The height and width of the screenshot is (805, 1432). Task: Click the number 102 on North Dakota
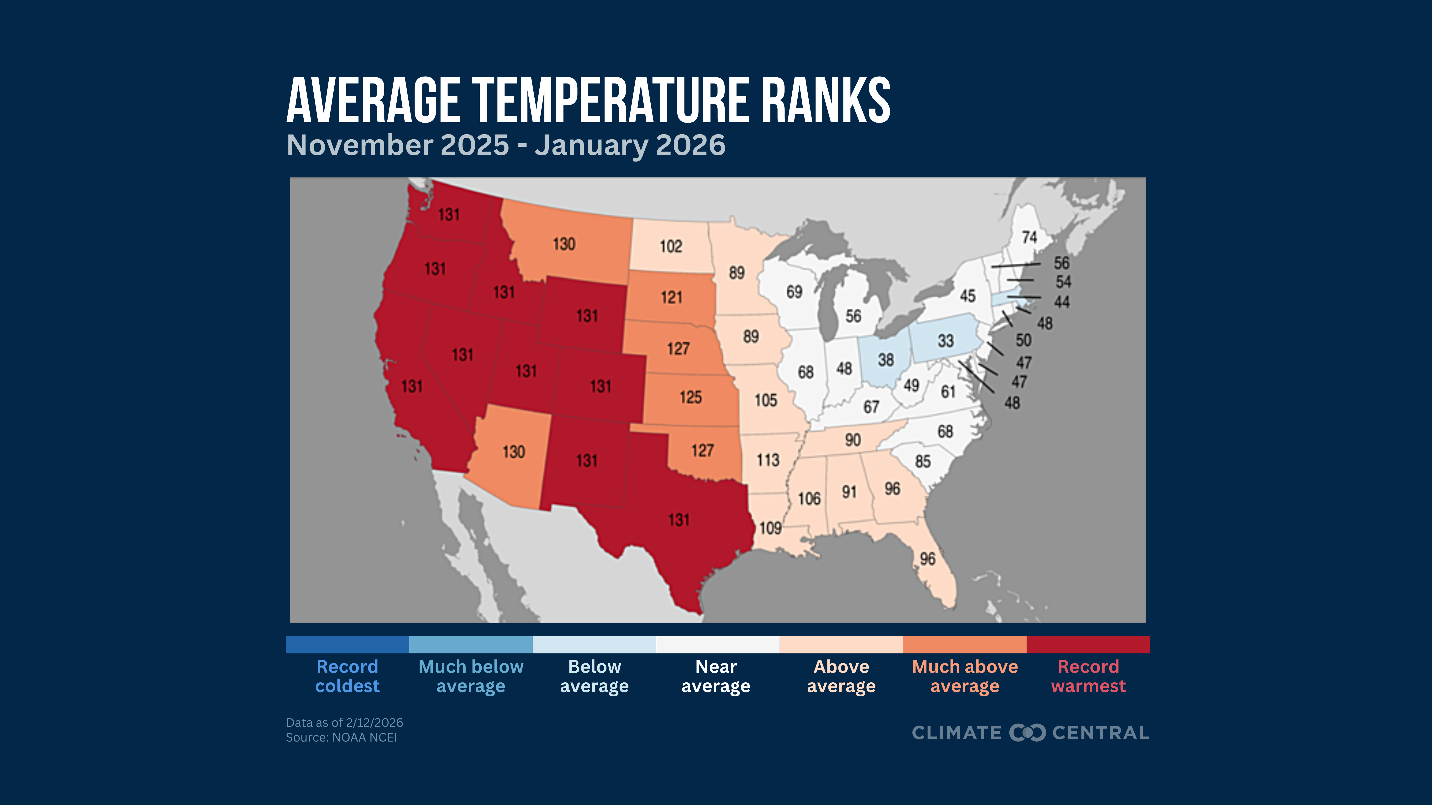click(670, 246)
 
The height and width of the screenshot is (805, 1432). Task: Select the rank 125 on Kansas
click(690, 397)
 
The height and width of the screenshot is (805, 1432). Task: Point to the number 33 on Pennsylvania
click(946, 341)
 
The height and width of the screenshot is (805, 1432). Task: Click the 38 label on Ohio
click(885, 360)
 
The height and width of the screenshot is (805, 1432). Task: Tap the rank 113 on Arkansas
click(768, 460)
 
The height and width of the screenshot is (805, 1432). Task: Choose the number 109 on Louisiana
click(770, 528)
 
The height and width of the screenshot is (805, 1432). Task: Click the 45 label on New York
click(967, 296)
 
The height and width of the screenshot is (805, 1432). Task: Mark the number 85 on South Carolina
click(923, 461)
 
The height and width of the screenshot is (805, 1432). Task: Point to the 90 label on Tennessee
click(853, 440)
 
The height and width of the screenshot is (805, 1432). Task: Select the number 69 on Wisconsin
click(794, 292)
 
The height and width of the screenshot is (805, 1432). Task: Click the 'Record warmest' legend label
click(1088, 676)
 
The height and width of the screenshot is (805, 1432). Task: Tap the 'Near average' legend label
click(716, 676)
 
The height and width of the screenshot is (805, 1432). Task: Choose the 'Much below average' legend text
click(471, 676)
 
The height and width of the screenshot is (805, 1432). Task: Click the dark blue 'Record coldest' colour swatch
click(347, 644)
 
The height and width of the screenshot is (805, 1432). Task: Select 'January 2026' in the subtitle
click(630, 145)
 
